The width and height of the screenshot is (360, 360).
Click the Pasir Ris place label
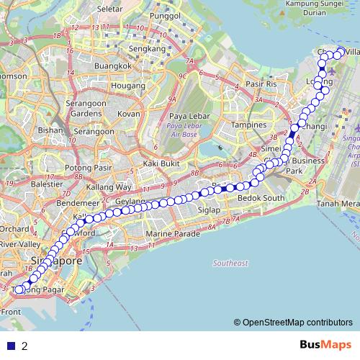(x=261, y=84)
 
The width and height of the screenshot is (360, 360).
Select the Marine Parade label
(x=170, y=234)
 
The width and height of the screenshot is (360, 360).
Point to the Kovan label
(x=129, y=114)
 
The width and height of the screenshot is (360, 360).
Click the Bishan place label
(x=51, y=131)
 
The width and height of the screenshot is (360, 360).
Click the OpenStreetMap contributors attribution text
(x=297, y=323)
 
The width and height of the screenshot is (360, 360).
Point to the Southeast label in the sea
(x=230, y=263)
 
